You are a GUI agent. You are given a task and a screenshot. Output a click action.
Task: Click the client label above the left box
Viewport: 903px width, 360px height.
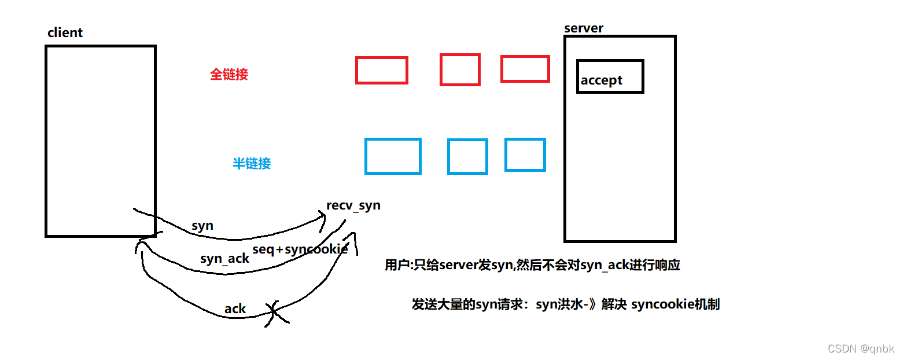point(65,33)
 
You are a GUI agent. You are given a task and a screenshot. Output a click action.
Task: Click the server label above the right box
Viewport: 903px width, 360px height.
point(583,28)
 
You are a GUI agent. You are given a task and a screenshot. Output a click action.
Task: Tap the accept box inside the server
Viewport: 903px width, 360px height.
point(610,76)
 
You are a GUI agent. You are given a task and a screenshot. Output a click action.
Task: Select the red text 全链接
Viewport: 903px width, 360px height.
point(228,75)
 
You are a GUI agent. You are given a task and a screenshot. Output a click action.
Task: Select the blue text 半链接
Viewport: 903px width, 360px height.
point(252,164)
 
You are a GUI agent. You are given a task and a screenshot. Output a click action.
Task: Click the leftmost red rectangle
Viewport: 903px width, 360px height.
point(381,71)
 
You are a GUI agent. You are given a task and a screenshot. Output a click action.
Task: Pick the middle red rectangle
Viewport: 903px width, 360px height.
point(460,70)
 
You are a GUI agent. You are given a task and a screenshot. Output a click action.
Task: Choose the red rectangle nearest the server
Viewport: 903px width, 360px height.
point(525,69)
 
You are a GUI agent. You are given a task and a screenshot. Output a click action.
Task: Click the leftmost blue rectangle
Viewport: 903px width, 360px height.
point(393,156)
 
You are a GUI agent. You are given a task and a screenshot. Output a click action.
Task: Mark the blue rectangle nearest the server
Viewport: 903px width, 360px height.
point(525,155)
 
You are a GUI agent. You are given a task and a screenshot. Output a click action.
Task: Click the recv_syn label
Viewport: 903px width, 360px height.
point(353,205)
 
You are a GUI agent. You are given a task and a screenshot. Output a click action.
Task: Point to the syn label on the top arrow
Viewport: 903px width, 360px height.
point(202,226)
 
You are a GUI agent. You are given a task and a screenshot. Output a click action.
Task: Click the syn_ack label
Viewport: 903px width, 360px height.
point(224,259)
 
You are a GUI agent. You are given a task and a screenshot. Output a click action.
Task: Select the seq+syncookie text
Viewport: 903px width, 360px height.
point(300,249)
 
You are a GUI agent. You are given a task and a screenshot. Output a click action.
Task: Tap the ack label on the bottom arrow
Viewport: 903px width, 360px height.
point(235,309)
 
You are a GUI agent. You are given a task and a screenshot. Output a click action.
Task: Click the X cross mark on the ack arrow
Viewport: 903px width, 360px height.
point(275,313)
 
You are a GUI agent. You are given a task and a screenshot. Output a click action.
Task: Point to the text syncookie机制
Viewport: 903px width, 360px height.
point(675,304)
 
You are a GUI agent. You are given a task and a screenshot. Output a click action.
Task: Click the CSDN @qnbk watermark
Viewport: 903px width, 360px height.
point(860,349)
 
